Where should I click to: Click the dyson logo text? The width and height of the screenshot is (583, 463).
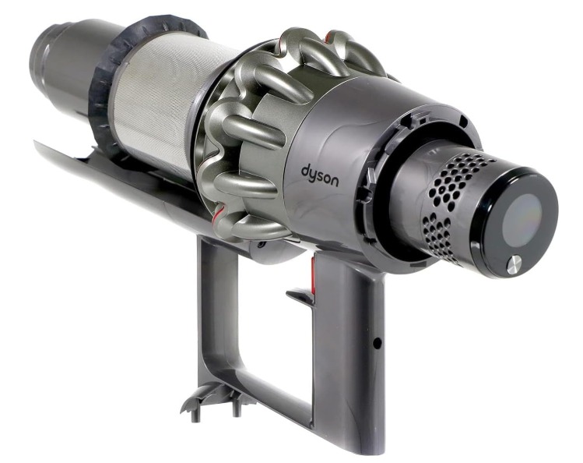coord(320,176)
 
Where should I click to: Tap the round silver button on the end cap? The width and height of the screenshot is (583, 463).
coord(514,264)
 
